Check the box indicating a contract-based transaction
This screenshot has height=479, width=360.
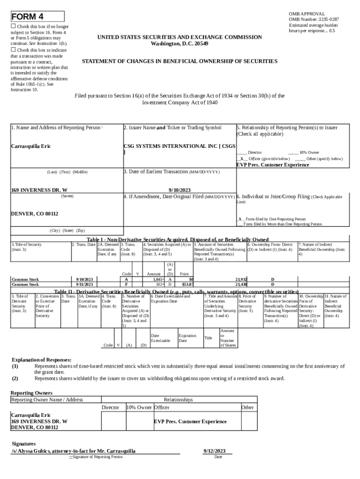coord(14,50)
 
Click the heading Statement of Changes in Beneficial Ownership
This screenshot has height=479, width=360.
coord(180,61)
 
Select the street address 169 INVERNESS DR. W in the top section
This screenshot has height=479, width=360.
coord(39,190)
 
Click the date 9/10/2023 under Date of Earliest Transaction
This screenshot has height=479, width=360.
coord(180,190)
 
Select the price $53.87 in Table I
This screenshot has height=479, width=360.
coord(187,284)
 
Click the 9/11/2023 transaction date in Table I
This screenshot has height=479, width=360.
coord(85,284)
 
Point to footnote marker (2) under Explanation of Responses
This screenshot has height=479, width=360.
coord(15,378)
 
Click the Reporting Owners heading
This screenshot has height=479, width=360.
coord(31,392)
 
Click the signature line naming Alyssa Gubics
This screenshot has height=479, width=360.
coord(73,451)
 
